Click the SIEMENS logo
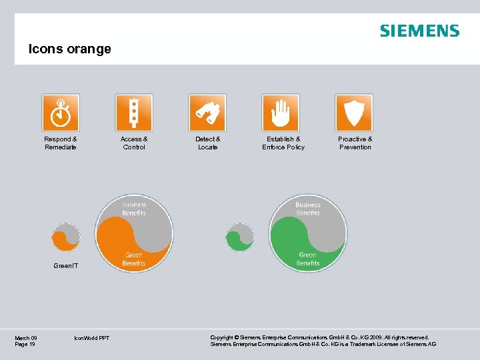pos(419,31)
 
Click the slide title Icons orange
pos(69,49)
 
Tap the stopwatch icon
pos(61,113)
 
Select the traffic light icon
pos(134,113)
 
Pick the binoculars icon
pos(207,113)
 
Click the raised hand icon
pos(281,113)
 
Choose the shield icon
pos(354,113)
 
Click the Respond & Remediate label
pos(61,143)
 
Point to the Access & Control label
pos(134,143)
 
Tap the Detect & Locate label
pos(207,143)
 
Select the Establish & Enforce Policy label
pos(283,143)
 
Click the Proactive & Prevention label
pos(355,143)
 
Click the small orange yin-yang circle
pos(66,237)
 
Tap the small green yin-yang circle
pos(240,237)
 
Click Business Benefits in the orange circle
pos(134,209)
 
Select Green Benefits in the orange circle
pos(133,259)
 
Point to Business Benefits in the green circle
pos(308,209)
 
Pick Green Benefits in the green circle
pos(308,259)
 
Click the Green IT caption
pos(65,266)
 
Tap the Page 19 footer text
pos(25,344)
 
